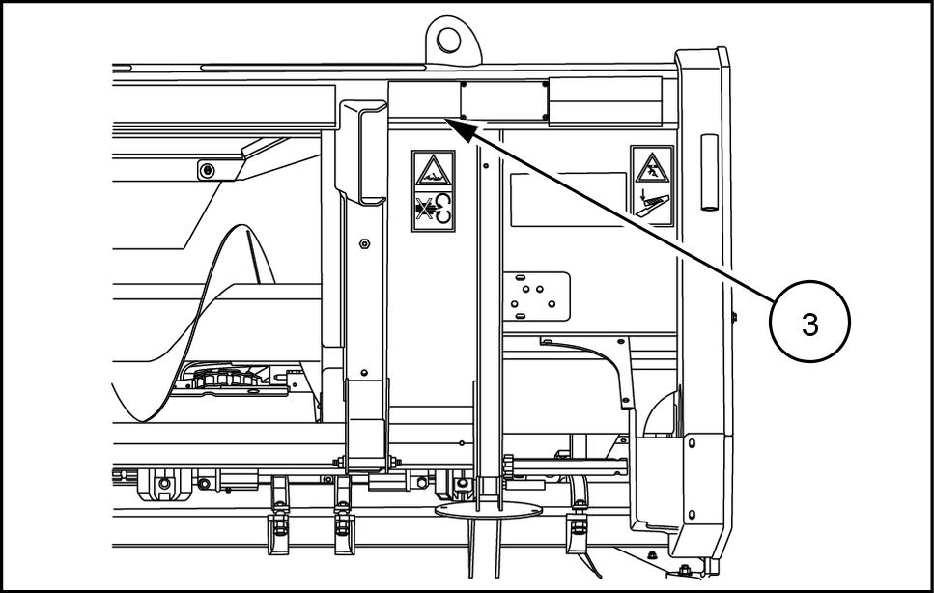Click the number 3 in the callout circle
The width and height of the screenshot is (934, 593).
tap(809, 325)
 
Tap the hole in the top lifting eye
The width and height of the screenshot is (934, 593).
tap(449, 39)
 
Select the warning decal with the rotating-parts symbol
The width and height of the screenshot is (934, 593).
tap(434, 189)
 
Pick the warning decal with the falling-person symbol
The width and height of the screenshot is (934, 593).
tap(652, 184)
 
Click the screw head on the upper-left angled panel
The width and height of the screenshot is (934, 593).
tap(206, 171)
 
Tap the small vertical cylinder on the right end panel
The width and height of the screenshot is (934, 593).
tap(710, 173)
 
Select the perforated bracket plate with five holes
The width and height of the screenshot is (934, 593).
tap(536, 296)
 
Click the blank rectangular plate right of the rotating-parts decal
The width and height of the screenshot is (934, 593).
tap(568, 199)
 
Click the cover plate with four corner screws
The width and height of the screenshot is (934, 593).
tap(504, 99)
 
